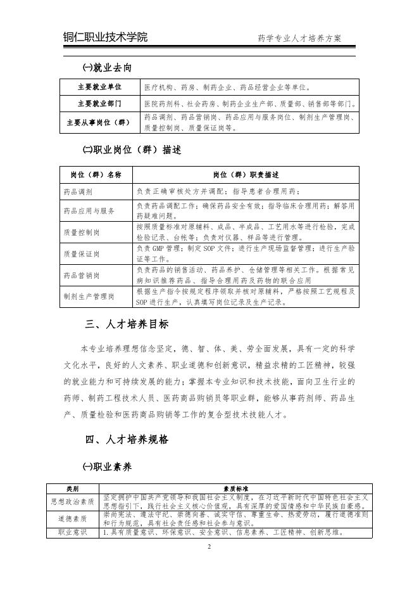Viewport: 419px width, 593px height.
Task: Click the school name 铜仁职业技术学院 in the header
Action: [x=105, y=37]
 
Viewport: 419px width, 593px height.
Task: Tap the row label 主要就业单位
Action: [x=99, y=87]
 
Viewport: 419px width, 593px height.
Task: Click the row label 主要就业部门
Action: [x=99, y=103]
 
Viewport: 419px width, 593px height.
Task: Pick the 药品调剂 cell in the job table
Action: [x=78, y=191]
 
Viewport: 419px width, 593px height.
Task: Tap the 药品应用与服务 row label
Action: [x=89, y=210]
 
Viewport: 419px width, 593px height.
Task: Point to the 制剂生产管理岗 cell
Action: [x=89, y=296]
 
